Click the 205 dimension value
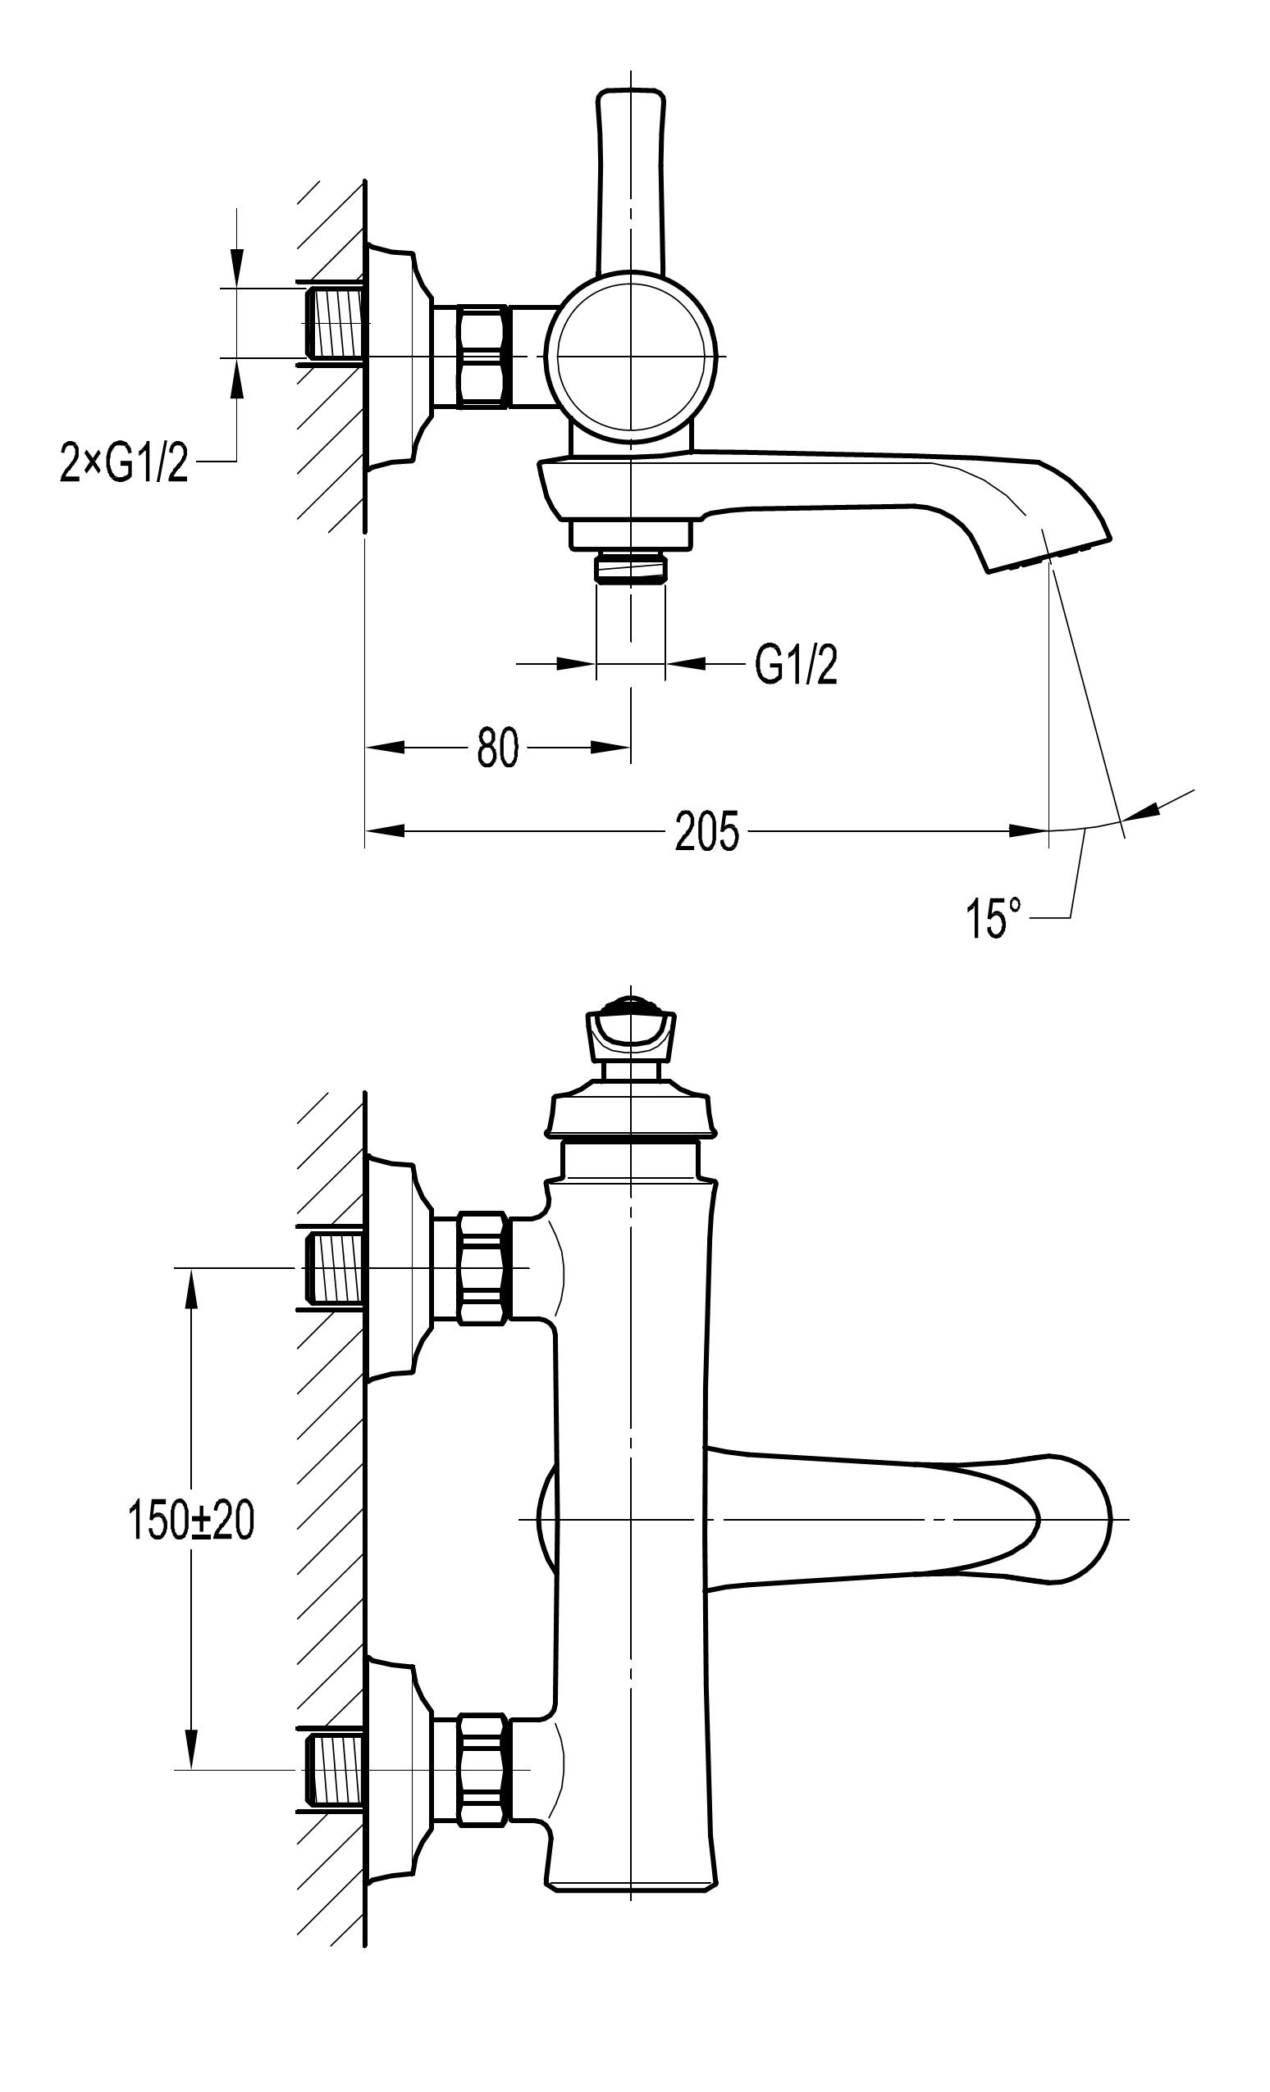706,831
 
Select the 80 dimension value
497,748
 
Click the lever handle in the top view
630,179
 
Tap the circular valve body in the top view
630,356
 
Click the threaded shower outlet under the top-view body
630,567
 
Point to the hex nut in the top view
482,356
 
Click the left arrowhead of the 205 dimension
385,830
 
